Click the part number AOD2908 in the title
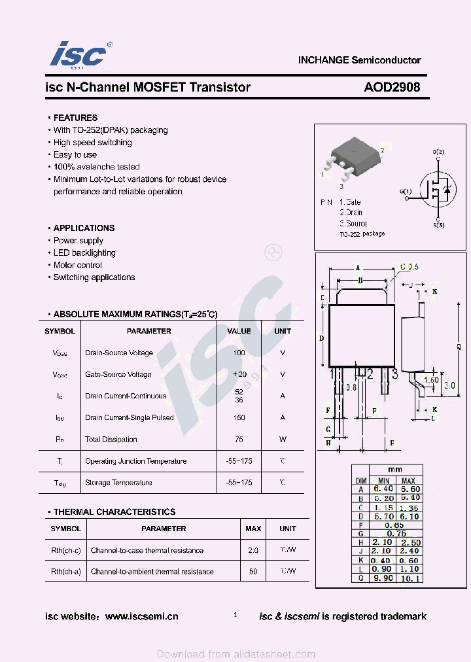[392, 87]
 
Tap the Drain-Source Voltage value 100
[239, 353]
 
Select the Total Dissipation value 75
[239, 440]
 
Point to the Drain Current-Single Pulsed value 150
[239, 417]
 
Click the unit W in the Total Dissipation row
[283, 440]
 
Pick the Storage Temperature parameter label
[118, 483]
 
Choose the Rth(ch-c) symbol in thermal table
[66, 550]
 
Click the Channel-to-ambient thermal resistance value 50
[253, 571]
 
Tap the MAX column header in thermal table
[253, 529]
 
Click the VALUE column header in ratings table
[239, 331]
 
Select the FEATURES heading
[75, 118]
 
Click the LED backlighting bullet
[84, 253]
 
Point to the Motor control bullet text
[78, 265]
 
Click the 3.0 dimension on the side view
[449, 386]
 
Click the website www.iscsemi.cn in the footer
[141, 616]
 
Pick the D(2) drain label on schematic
[438, 152]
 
